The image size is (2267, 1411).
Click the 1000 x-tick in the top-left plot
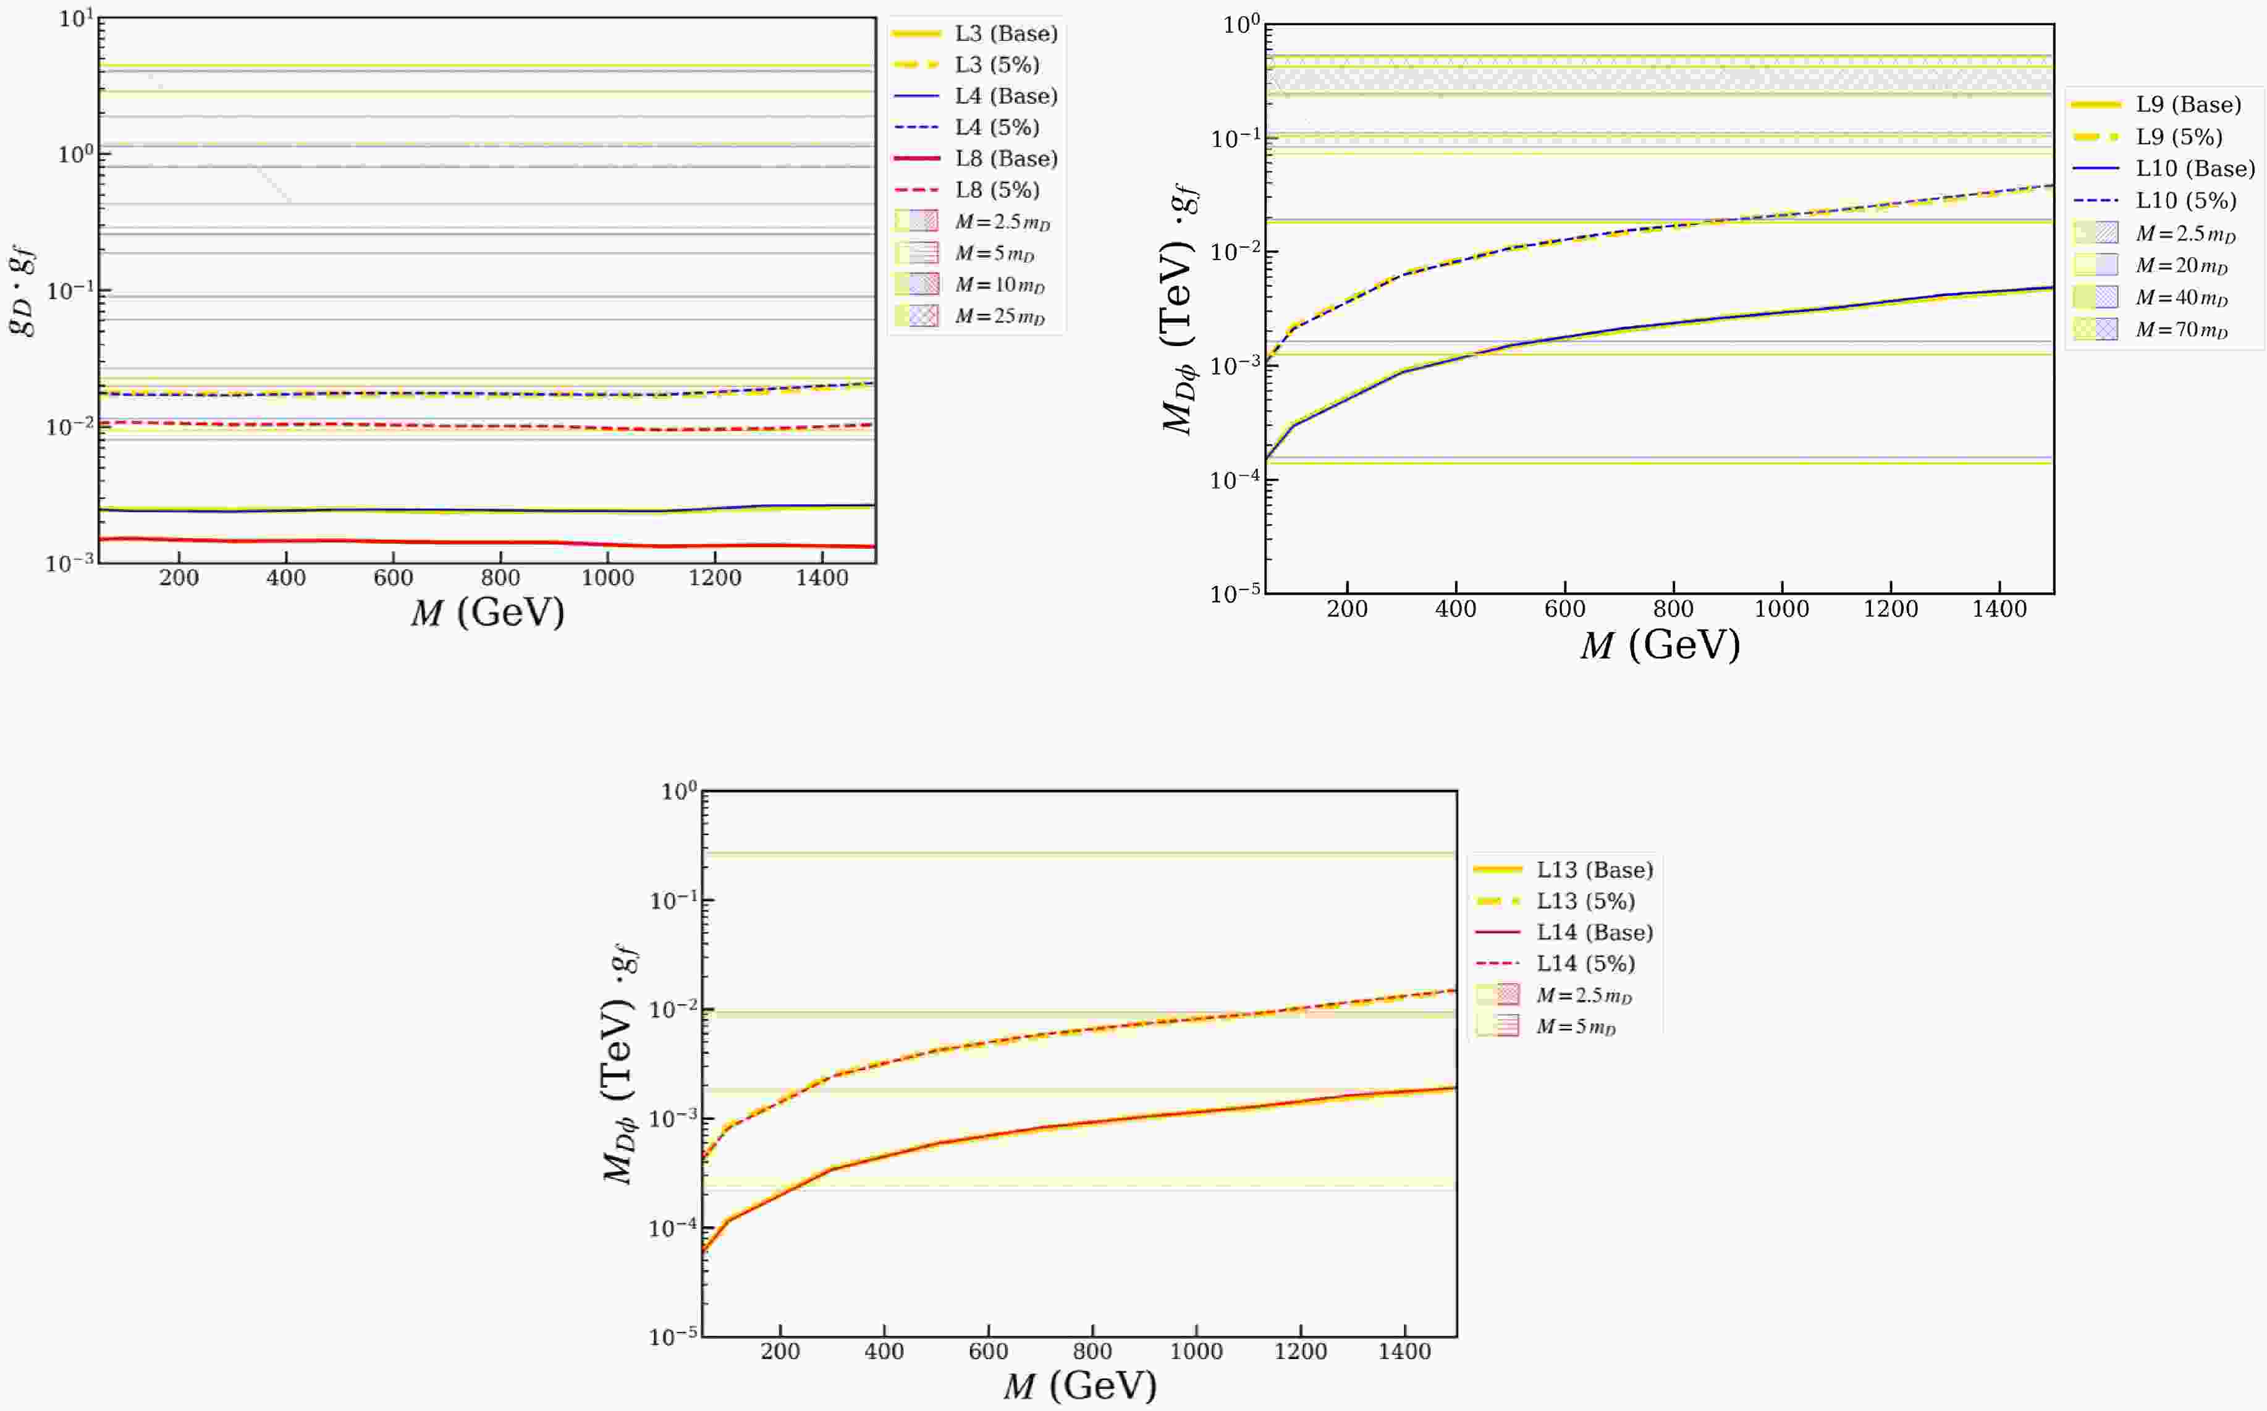(607, 578)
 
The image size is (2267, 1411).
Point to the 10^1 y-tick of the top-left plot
(77, 19)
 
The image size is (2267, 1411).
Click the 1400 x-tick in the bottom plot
(1404, 1351)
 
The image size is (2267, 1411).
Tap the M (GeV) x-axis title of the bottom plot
(1079, 1386)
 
